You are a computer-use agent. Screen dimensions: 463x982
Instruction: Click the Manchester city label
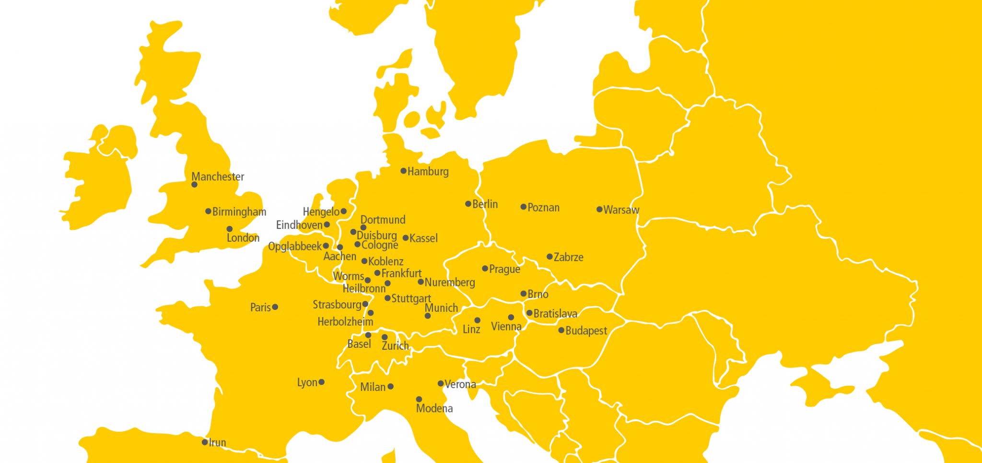click(218, 177)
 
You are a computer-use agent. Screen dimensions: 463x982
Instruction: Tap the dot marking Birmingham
click(208, 211)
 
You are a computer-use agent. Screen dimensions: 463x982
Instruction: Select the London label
click(243, 237)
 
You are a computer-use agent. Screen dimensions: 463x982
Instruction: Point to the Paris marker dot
click(275, 307)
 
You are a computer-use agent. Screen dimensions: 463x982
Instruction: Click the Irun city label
click(217, 442)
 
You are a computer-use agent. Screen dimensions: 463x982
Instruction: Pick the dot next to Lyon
click(321, 382)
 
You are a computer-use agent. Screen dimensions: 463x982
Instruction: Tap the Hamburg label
click(428, 171)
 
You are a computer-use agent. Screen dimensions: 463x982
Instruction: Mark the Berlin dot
click(468, 204)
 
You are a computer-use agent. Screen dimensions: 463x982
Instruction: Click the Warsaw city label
click(621, 210)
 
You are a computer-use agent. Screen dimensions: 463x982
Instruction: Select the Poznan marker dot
click(524, 207)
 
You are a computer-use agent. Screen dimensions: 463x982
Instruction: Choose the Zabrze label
click(568, 257)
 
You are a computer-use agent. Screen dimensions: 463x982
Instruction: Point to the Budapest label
click(586, 331)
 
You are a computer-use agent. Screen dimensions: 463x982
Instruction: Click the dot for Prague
click(485, 269)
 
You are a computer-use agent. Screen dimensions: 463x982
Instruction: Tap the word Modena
click(434, 408)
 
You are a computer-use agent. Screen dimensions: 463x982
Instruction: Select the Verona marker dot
click(440, 383)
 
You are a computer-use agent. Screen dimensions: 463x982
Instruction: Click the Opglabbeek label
click(295, 247)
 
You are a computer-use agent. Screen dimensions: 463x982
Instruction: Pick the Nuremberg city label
click(450, 283)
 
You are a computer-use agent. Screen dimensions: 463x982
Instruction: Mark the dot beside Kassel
click(405, 238)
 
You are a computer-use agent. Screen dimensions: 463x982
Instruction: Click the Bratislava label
click(555, 314)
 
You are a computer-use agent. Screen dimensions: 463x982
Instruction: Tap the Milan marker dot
click(390, 386)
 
